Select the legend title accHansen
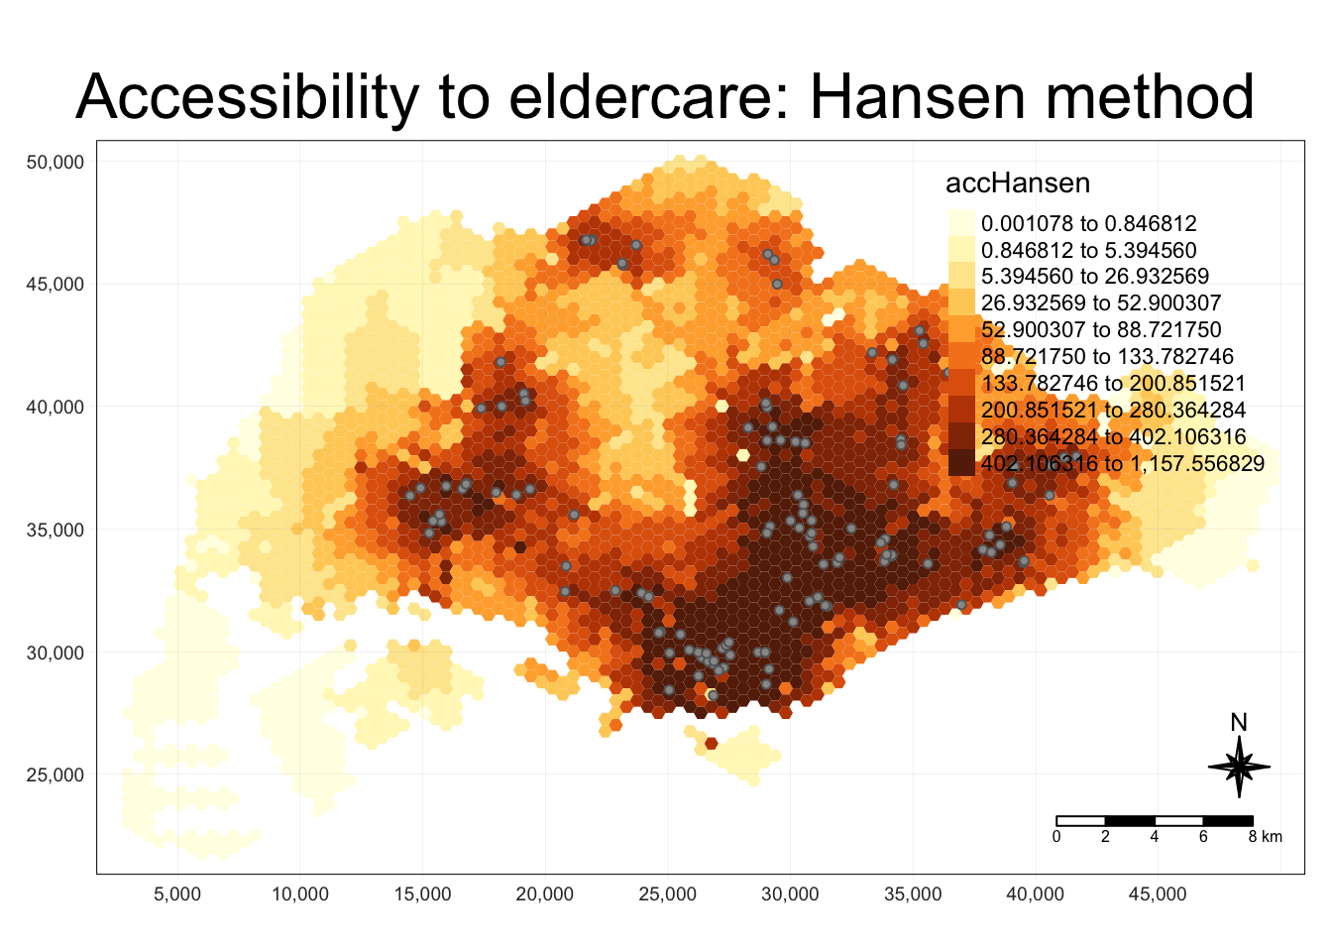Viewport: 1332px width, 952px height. (1018, 183)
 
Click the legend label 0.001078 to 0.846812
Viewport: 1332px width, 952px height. (1088, 224)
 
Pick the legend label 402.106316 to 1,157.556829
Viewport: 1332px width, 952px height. (1122, 464)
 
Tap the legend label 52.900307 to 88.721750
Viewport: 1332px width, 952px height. (1100, 330)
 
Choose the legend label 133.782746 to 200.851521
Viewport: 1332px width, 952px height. (1113, 384)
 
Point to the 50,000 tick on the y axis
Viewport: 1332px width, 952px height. (55, 162)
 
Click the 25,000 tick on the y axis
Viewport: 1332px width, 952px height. (55, 775)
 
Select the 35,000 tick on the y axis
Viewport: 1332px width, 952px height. (55, 530)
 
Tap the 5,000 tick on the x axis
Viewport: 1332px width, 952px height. (177, 894)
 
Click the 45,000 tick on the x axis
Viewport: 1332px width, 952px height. (1158, 894)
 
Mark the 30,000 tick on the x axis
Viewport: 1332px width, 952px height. (790, 894)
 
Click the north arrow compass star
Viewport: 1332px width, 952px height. (1239, 767)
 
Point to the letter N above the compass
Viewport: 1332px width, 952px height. (1239, 723)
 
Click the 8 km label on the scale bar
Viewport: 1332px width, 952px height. (1265, 837)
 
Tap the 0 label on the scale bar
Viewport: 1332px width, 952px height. (1056, 837)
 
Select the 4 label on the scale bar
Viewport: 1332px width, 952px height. (1155, 837)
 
